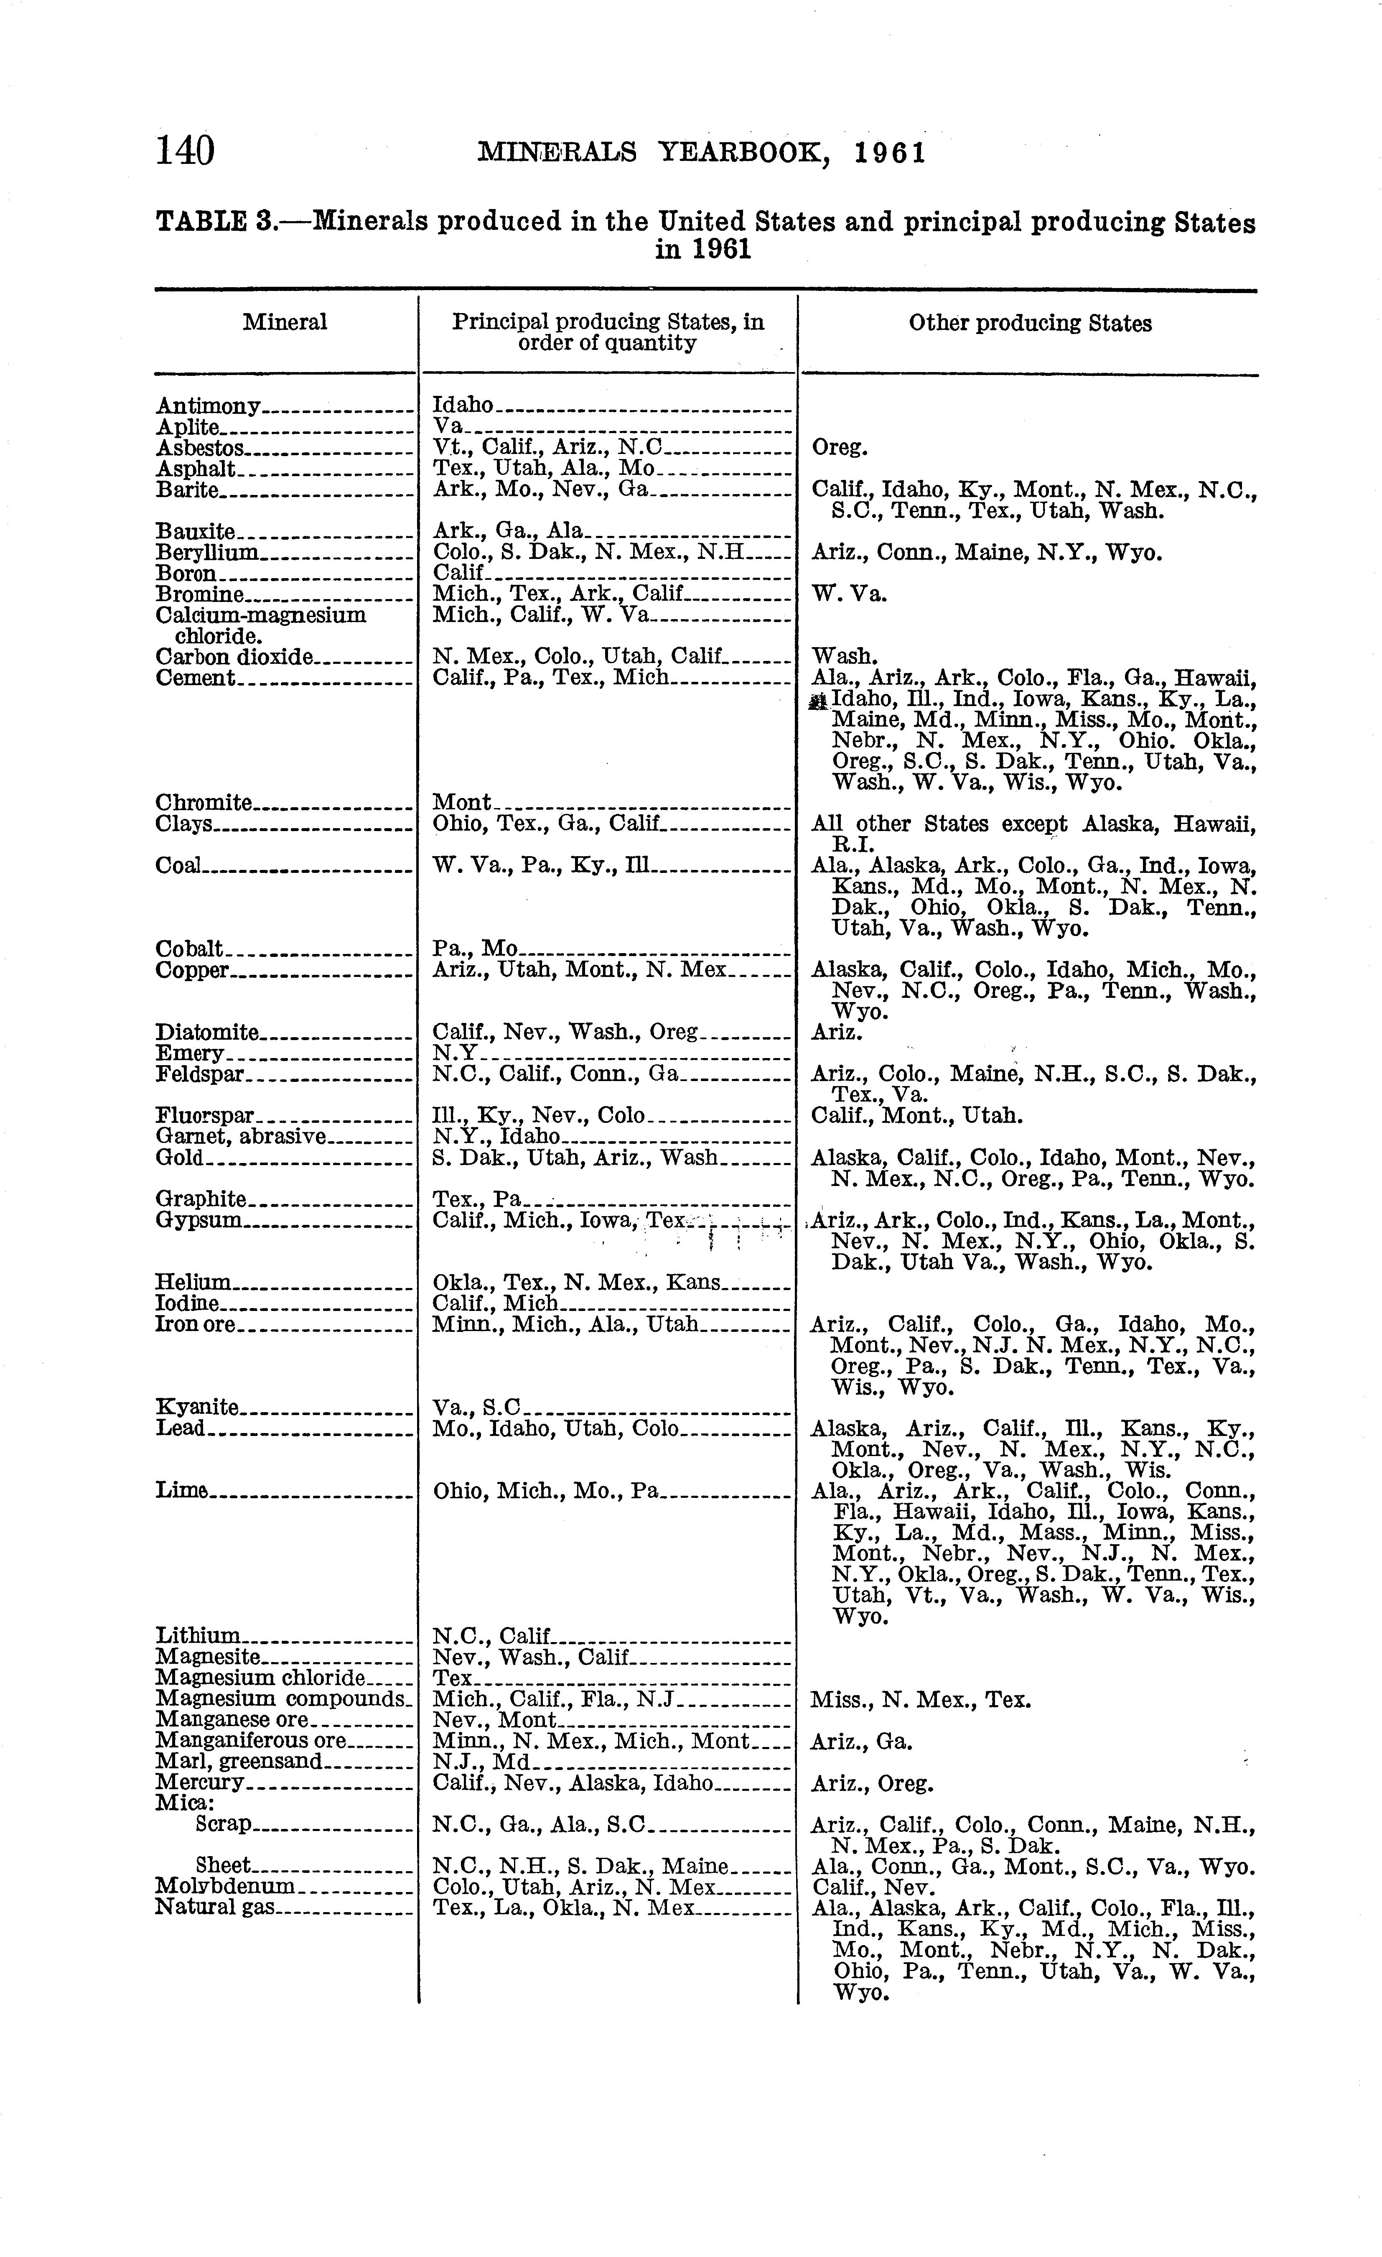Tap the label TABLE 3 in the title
coord(216,222)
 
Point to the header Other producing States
coord(1029,323)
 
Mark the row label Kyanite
coord(198,1407)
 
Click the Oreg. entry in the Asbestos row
coord(839,448)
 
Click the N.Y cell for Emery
coord(453,1053)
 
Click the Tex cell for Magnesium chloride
coord(451,1678)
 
